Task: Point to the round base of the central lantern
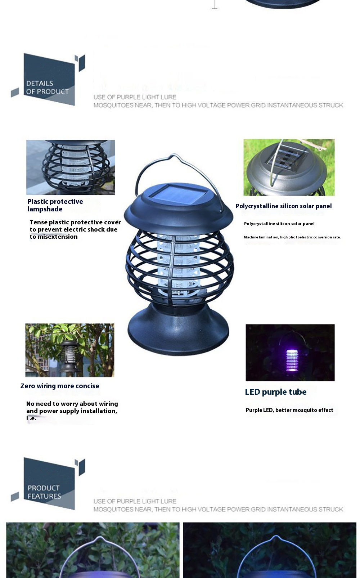178,330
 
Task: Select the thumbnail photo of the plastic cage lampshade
71,167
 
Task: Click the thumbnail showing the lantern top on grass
289,167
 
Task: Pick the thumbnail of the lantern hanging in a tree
69,350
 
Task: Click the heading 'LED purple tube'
276,392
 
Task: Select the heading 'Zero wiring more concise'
60,386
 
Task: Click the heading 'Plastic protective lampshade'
55,205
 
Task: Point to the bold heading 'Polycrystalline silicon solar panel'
284,206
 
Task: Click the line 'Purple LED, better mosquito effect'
289,410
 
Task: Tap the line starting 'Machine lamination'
292,237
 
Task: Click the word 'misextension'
58,237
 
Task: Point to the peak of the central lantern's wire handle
175,154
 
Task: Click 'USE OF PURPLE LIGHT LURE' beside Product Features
135,501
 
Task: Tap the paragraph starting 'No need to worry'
72,411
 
